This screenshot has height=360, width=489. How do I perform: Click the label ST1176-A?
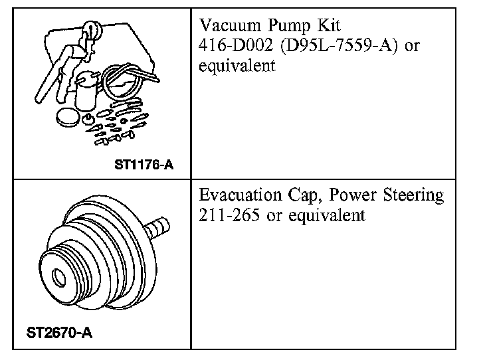144,164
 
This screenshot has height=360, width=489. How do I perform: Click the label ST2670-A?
60,333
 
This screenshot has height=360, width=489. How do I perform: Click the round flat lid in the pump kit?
68,117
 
